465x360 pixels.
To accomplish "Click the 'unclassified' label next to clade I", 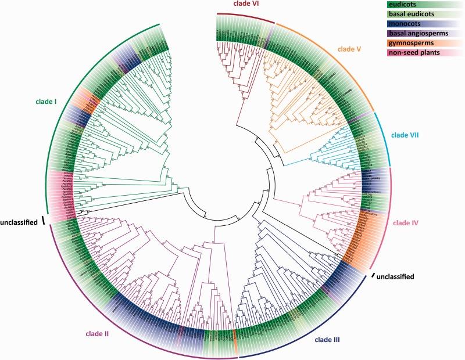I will pyautogui.click(x=20, y=221).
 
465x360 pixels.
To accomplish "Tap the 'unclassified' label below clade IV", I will pyautogui.click(x=395, y=276).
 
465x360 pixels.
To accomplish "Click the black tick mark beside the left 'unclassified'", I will pyautogui.click(x=43, y=221).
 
